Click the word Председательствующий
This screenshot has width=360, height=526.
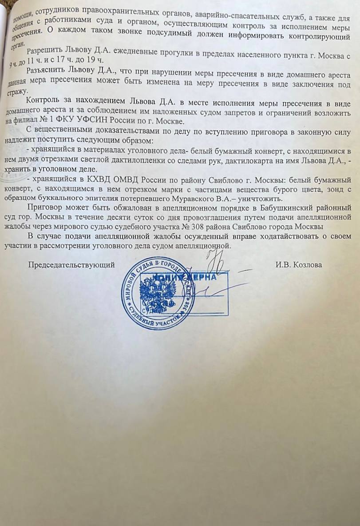71,265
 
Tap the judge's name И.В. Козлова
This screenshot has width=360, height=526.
298,265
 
